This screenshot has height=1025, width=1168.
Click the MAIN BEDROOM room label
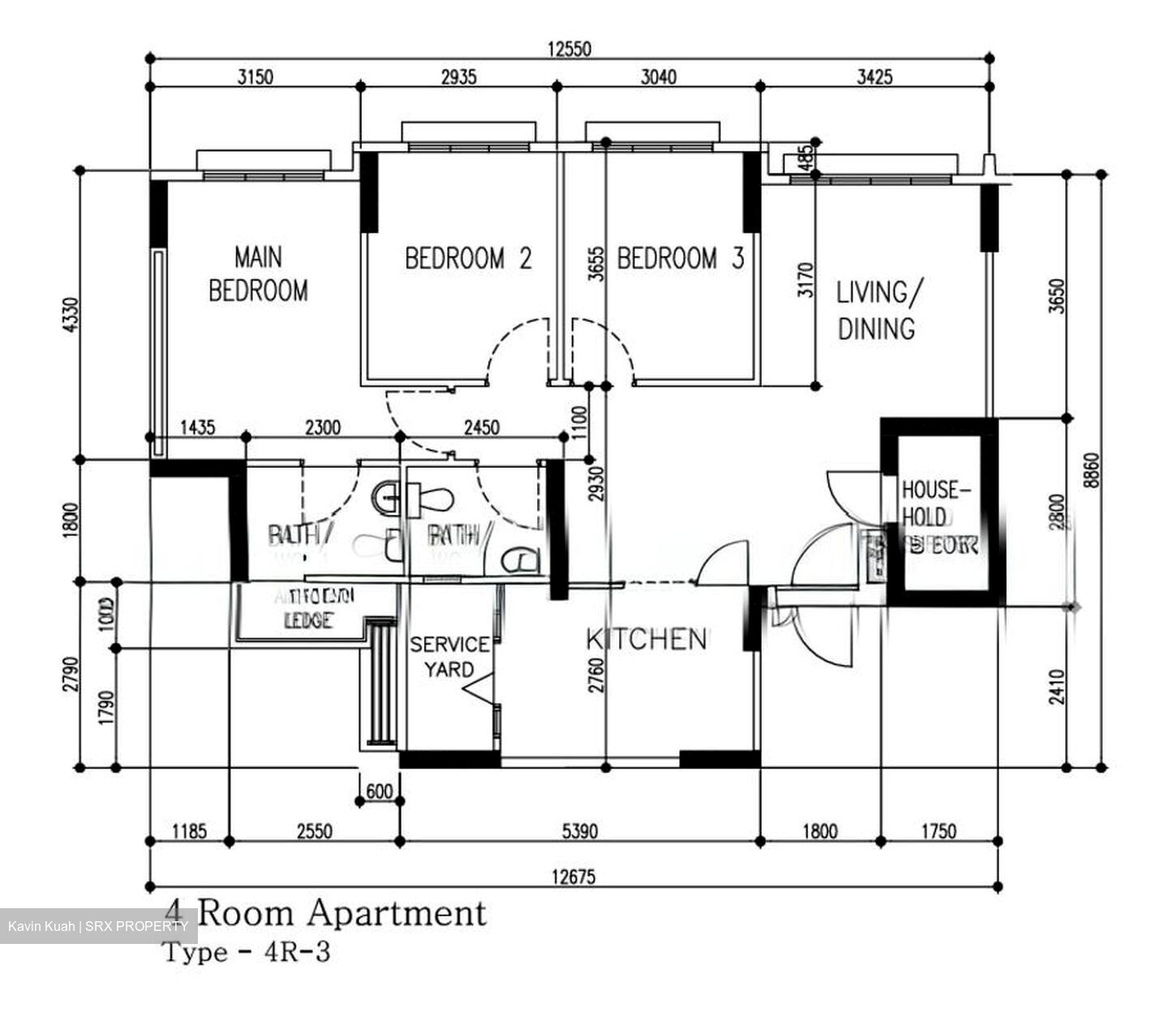tap(258, 274)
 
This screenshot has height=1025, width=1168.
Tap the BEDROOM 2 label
tap(468, 259)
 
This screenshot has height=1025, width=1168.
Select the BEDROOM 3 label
tap(680, 259)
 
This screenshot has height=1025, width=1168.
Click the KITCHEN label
tap(646, 640)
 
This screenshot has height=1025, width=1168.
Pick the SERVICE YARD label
tap(449, 657)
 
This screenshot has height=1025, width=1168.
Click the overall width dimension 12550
tap(569, 49)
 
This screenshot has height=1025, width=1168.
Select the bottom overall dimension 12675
tap(573, 877)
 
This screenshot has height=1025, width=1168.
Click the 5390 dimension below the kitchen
tap(579, 831)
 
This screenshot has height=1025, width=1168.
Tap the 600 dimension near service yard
tap(379, 791)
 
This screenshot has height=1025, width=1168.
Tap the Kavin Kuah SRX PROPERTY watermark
tap(98, 926)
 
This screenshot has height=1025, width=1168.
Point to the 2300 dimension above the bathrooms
tap(322, 427)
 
